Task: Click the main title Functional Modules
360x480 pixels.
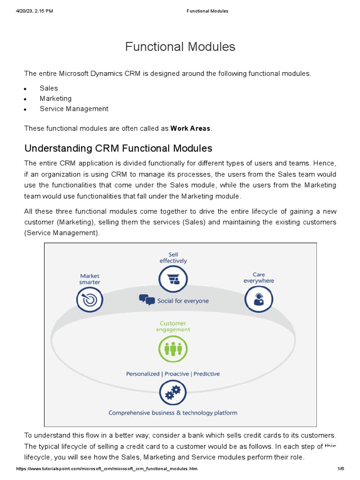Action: point(180,47)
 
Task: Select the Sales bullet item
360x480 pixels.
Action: point(49,88)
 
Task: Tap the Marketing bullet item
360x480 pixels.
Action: point(55,98)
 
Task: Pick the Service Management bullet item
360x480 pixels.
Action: point(74,109)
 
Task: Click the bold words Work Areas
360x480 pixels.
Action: point(190,128)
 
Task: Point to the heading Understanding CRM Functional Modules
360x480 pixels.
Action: point(118,149)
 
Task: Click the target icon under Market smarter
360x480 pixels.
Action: point(90,299)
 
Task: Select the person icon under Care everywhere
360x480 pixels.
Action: point(259,299)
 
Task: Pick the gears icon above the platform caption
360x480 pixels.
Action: point(173,393)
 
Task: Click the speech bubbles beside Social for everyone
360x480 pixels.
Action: point(147,300)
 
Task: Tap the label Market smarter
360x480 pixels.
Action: point(90,279)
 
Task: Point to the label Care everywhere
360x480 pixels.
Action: point(259,277)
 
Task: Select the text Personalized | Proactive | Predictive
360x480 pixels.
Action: point(173,374)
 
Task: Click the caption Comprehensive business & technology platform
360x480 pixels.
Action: point(173,413)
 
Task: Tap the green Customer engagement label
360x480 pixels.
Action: point(173,326)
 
